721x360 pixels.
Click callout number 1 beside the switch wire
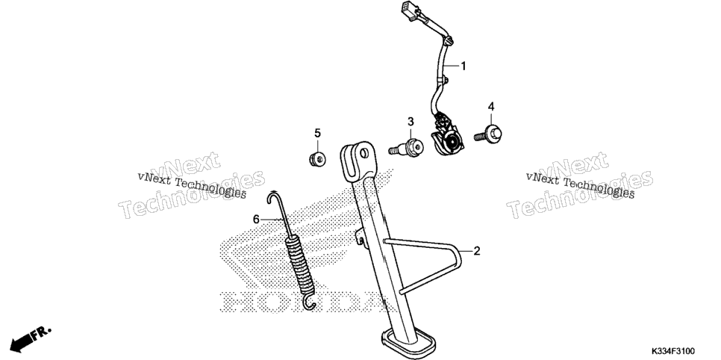coord(463,66)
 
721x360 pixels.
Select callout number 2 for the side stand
coord(477,252)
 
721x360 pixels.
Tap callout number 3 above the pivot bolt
coord(411,122)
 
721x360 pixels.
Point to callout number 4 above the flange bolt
coord(491,107)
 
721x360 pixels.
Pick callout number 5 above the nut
coord(317,134)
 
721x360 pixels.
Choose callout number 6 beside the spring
coord(256,220)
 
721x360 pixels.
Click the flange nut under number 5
coord(316,159)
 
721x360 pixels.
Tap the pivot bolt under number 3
coord(406,148)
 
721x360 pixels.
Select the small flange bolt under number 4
coord(488,134)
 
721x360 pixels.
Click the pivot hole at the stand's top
coord(364,153)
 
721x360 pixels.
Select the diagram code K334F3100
coord(672,351)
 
